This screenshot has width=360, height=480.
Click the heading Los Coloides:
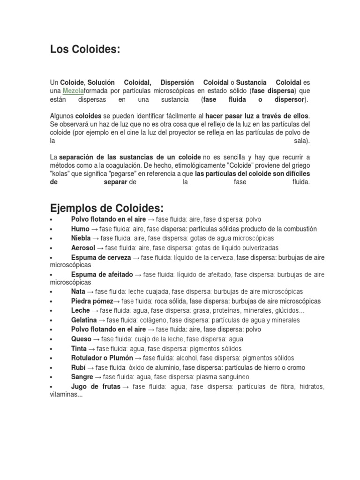[x=85, y=50]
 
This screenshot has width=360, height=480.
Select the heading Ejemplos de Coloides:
[x=106, y=208]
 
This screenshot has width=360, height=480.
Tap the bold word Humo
[x=80, y=229]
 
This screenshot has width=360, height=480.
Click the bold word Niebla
[x=81, y=238]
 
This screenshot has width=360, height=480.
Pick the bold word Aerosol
[x=83, y=247]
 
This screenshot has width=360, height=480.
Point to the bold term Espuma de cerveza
[x=99, y=257]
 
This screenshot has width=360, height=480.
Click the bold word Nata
[x=78, y=292]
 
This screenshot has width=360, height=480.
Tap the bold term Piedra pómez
[x=92, y=301]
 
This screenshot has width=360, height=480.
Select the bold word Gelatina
[x=84, y=320]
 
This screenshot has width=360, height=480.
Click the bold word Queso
[x=81, y=339]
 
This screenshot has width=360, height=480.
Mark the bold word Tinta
[x=79, y=349]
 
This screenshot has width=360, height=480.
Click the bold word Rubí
[x=78, y=367]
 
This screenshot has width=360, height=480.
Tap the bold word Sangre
[x=82, y=377]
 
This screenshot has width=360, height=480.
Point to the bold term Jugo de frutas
[x=96, y=387]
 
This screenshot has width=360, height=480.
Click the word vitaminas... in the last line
[x=66, y=395]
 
